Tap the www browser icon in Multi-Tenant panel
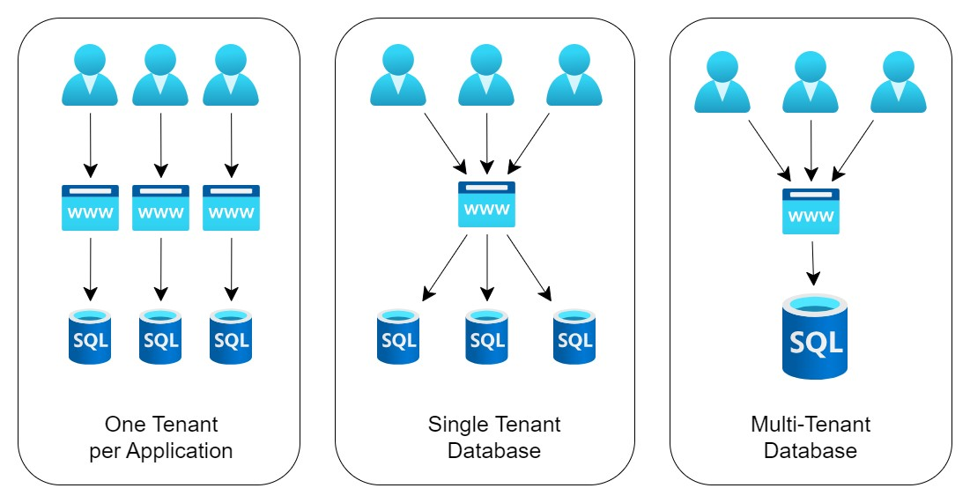tap(811, 211)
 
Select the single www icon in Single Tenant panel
tap(486, 204)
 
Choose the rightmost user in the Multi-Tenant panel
tap(898, 83)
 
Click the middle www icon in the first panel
tap(160, 208)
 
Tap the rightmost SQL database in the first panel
tap(231, 336)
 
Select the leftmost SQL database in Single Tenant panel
tap(398, 336)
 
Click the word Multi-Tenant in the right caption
tap(811, 424)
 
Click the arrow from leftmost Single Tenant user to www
tap(445, 140)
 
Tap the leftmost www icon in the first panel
tap(90, 208)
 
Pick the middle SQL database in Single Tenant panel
tap(486, 336)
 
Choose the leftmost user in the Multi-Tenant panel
tap(722, 83)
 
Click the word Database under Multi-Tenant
tap(811, 451)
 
